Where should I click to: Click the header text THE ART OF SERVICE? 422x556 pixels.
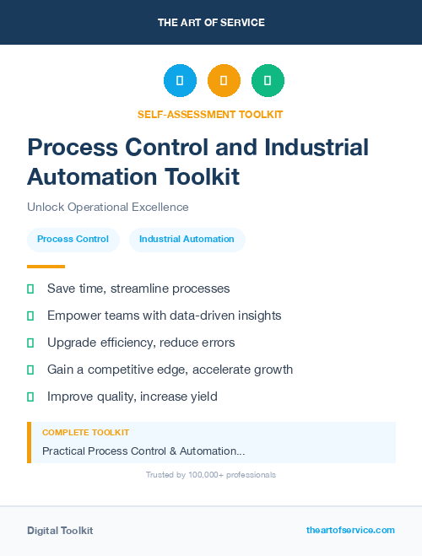[x=211, y=23]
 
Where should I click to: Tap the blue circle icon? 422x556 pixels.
[x=180, y=81]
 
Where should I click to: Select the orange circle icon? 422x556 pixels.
[x=224, y=81]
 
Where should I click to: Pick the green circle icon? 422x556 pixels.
[x=268, y=81]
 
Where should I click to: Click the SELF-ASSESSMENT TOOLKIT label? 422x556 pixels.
[x=210, y=115]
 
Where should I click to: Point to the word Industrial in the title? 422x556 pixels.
[x=316, y=148]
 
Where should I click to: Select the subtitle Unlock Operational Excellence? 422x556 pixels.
[x=108, y=207]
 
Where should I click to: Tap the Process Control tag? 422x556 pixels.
[x=73, y=240]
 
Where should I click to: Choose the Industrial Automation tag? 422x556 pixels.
[x=187, y=240]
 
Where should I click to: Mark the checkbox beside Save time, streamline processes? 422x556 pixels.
[x=30, y=289]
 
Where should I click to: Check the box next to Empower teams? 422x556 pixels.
[x=30, y=316]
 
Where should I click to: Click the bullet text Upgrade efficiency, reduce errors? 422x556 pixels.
[x=141, y=343]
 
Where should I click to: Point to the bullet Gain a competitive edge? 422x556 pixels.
[x=170, y=370]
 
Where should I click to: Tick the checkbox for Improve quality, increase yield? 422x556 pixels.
[x=30, y=397]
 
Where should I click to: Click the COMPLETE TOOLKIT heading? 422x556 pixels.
[x=86, y=433]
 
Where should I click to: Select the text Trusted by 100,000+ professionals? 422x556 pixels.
[x=211, y=475]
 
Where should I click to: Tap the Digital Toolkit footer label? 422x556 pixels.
[x=60, y=531]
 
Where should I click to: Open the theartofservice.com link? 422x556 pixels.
[x=350, y=530]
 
